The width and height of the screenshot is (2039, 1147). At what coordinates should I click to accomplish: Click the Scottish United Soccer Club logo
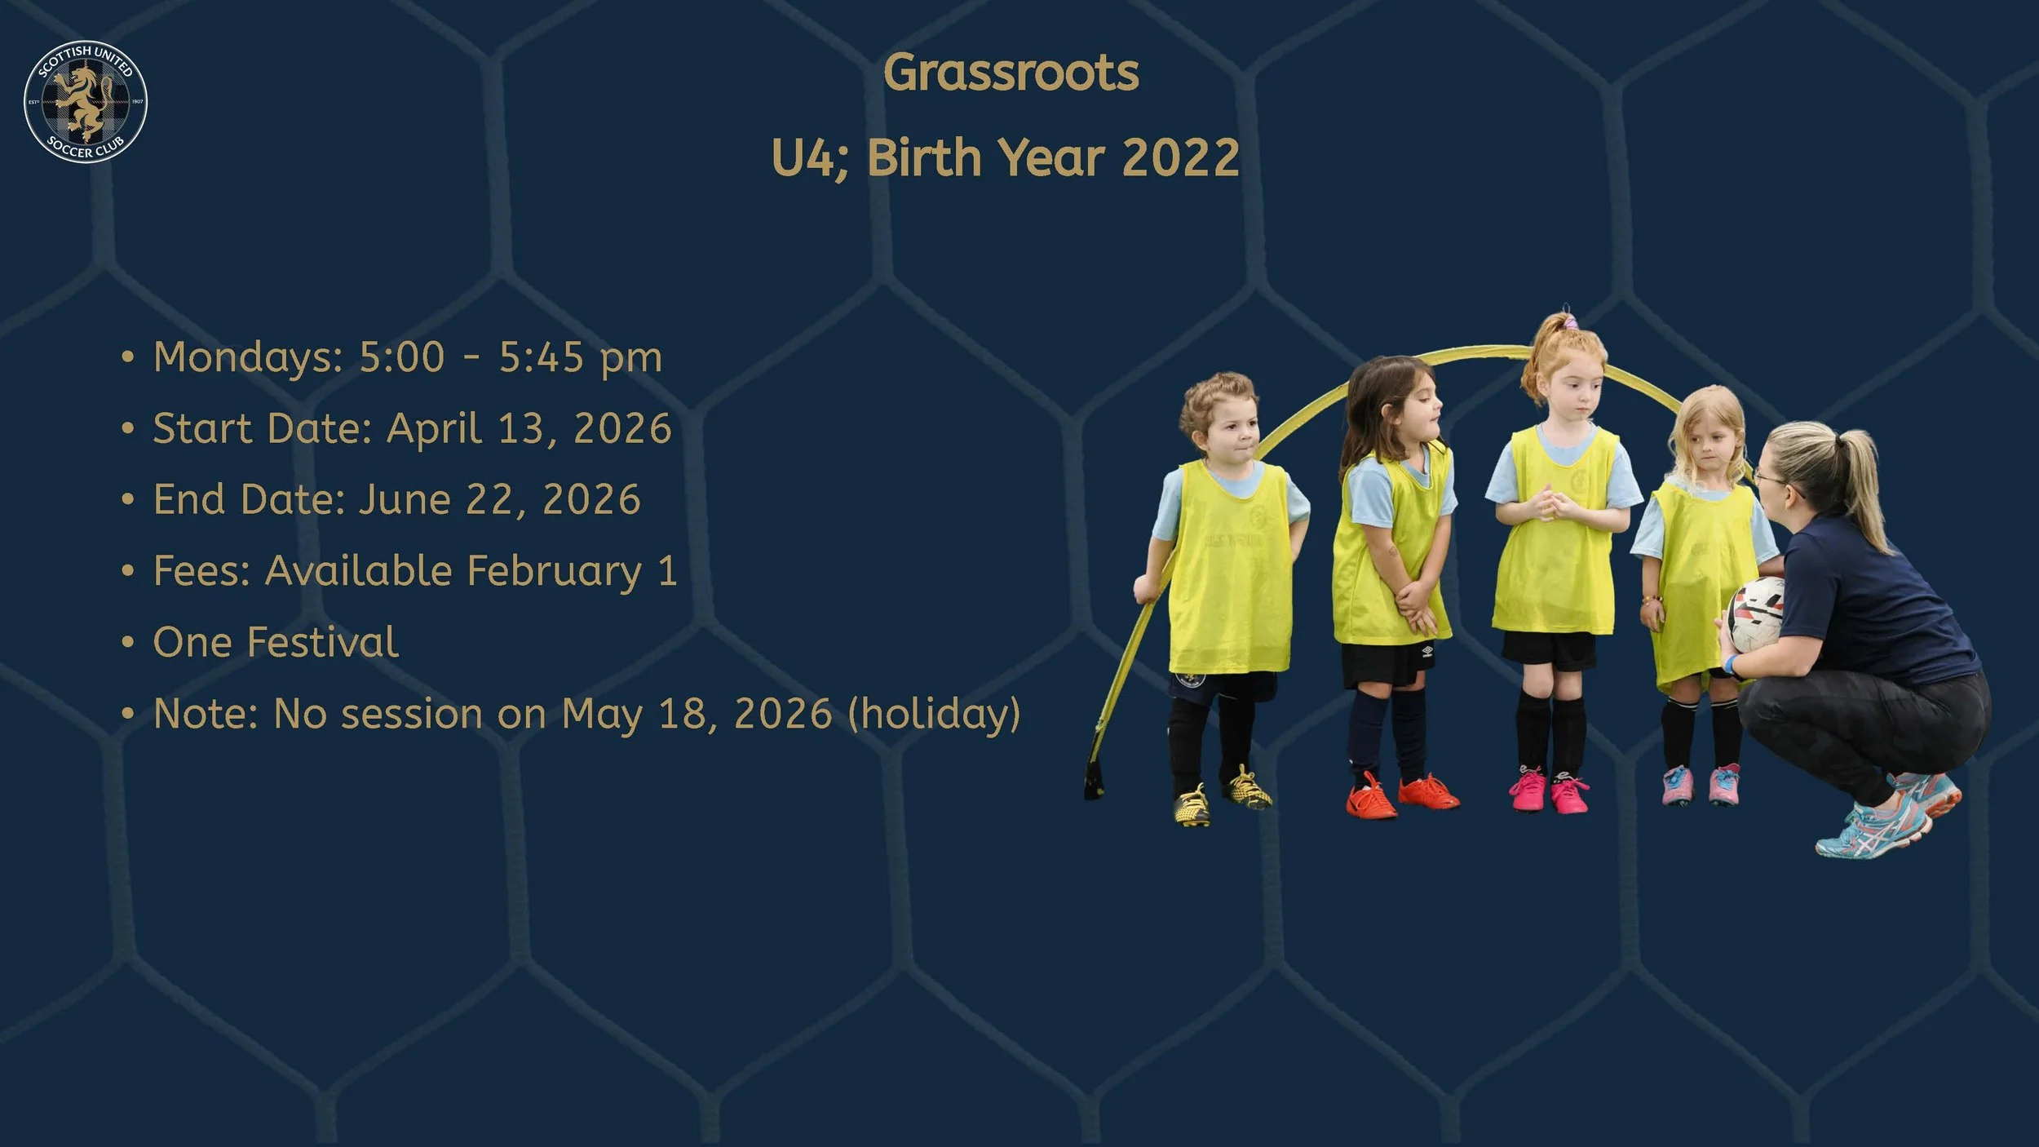[86, 101]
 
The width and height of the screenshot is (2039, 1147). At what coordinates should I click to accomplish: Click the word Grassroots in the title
[1011, 73]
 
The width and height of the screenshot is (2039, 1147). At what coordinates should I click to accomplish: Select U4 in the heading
[803, 157]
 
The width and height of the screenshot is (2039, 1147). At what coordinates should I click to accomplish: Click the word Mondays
[243, 358]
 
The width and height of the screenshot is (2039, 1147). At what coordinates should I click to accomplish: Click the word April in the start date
[433, 428]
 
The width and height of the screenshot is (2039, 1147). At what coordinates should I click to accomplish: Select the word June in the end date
[405, 499]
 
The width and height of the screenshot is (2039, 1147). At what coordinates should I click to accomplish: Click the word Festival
[322, 642]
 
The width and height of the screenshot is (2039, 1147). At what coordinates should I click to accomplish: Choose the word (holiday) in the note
[934, 714]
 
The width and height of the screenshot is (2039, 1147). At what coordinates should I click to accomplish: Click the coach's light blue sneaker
[1876, 828]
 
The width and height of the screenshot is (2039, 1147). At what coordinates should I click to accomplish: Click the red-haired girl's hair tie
[1568, 323]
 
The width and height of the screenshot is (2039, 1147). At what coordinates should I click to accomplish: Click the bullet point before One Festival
[127, 642]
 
